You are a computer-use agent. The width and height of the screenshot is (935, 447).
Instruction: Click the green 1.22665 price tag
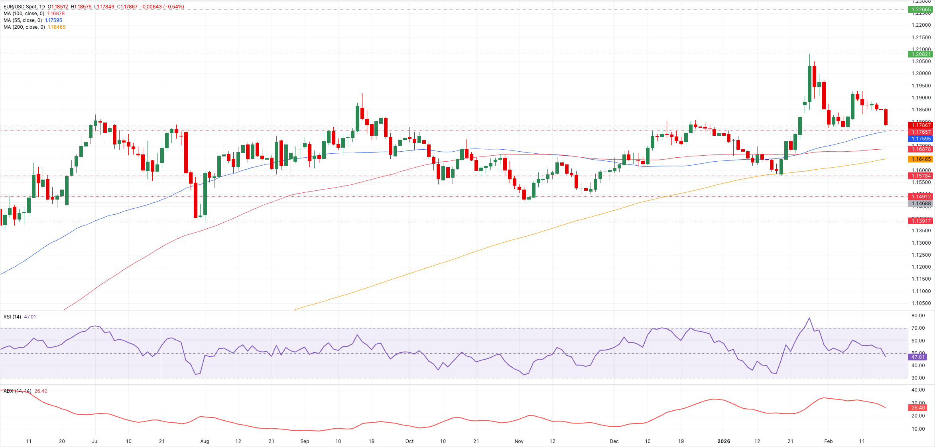[x=921, y=10]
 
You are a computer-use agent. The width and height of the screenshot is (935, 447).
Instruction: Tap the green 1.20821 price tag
[x=921, y=54]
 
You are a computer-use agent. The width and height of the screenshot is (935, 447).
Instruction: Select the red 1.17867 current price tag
[x=921, y=125]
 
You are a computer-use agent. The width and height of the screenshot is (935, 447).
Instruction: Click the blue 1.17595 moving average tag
[x=921, y=139]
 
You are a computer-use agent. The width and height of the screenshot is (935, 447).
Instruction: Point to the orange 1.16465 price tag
[x=921, y=159]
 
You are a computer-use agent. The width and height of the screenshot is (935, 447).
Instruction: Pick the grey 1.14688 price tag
[x=921, y=204]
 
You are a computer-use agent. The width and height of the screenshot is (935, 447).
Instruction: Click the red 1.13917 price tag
[x=921, y=221]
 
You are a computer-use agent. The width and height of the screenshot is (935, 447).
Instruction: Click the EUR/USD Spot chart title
[x=24, y=7]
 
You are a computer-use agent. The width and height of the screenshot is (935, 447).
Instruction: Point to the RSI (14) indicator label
[x=12, y=317]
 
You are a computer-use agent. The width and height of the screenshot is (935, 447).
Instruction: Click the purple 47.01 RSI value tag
[x=918, y=357]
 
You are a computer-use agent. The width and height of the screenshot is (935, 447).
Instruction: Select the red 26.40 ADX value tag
[x=918, y=408]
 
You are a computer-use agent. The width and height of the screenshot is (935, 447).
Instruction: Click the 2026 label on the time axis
[x=724, y=441]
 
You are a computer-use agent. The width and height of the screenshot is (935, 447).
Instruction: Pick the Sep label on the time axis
[x=305, y=441]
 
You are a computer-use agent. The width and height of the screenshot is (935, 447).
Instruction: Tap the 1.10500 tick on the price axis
[x=921, y=303]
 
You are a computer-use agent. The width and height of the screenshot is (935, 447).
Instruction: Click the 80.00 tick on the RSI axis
[x=918, y=316]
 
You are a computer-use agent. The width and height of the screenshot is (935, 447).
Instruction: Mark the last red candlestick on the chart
[x=886, y=117]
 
